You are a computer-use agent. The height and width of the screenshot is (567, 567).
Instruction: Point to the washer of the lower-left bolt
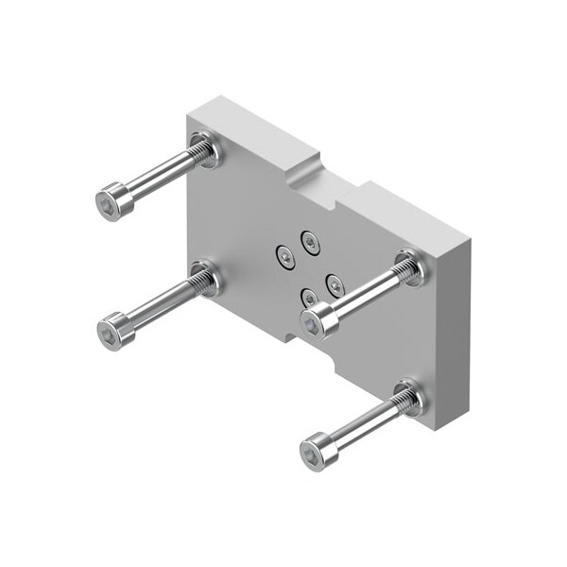coord(209,278)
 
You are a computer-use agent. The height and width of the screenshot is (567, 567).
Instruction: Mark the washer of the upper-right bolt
coord(412,269)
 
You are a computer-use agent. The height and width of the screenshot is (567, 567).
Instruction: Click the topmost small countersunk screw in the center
coord(309,241)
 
